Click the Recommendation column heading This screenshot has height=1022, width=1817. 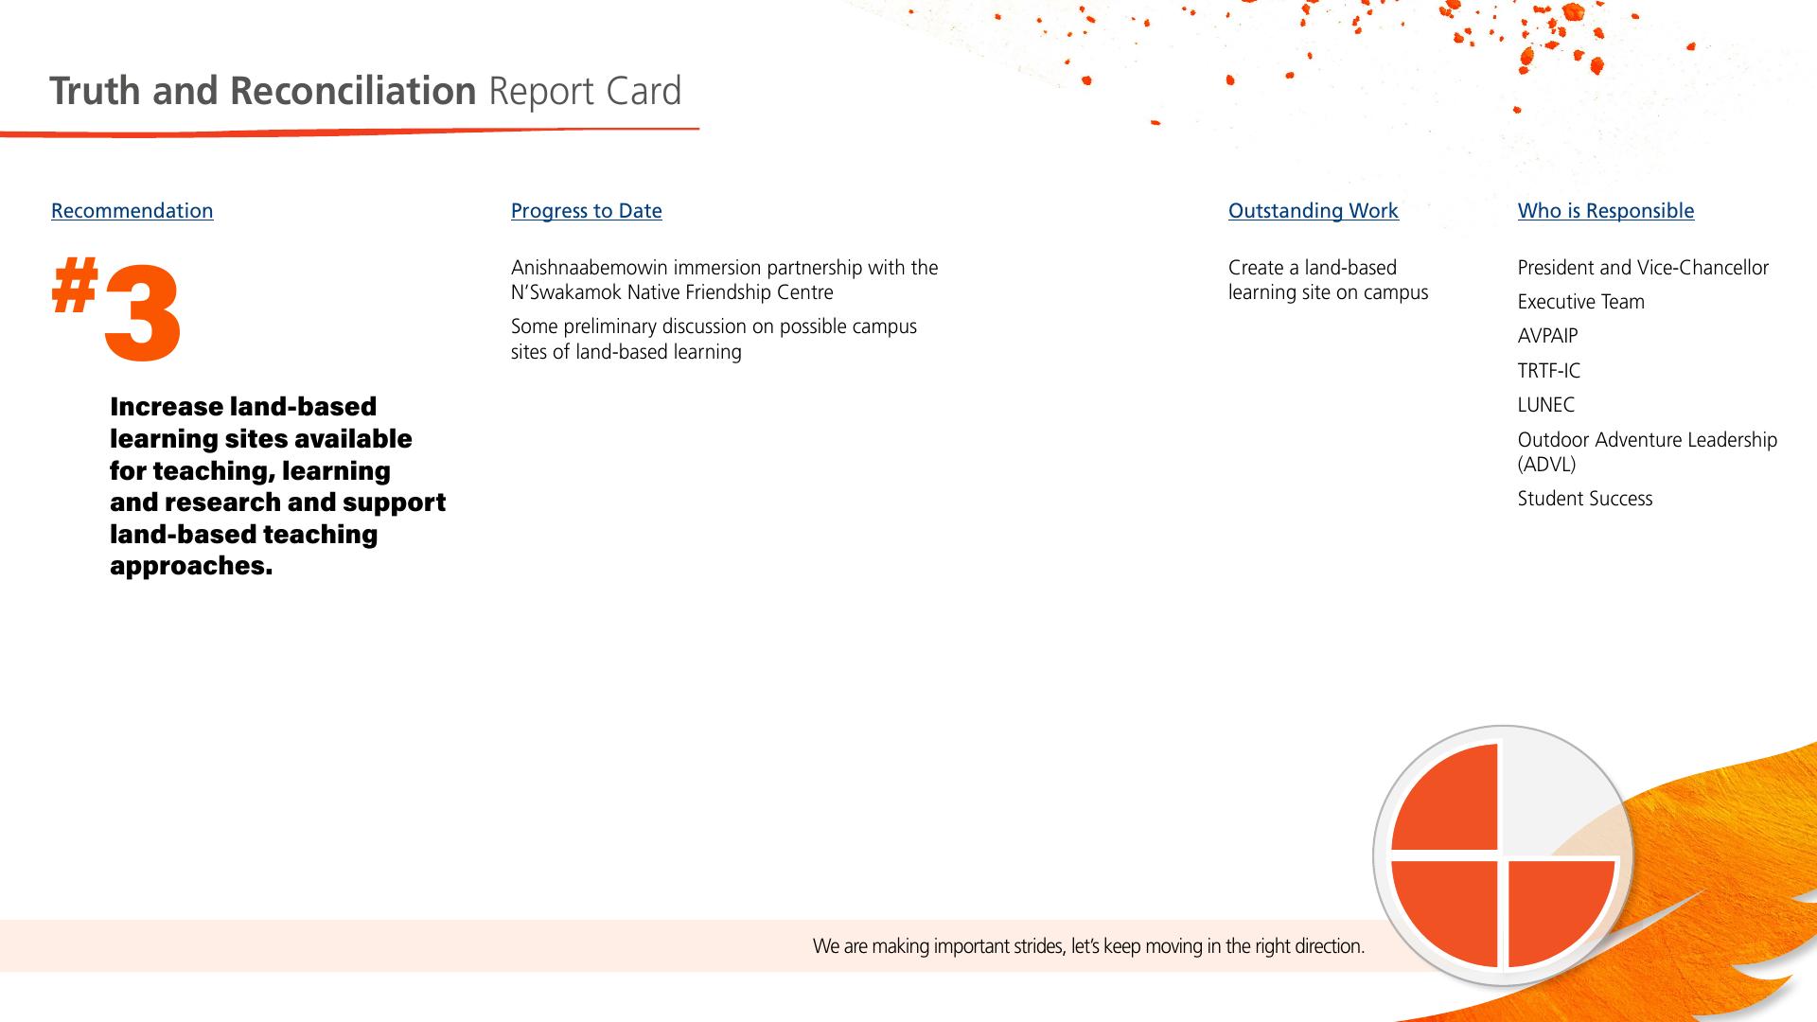[x=132, y=211]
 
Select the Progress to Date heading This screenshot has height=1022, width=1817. [x=587, y=211]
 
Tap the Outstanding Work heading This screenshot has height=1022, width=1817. [x=1314, y=211]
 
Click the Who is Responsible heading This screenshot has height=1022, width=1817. [x=1606, y=211]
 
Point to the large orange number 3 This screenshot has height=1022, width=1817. [x=142, y=313]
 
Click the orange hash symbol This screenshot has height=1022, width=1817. [x=75, y=288]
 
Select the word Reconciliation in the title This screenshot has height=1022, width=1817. [x=353, y=91]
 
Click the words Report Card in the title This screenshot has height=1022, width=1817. [x=585, y=92]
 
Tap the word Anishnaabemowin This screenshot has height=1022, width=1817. [x=590, y=268]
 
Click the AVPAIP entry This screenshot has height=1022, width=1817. [x=1547, y=336]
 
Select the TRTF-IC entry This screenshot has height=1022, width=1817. [x=1549, y=371]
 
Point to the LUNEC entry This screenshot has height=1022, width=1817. [x=1546, y=405]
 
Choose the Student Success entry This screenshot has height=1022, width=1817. [x=1585, y=499]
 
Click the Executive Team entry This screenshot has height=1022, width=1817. [x=1581, y=302]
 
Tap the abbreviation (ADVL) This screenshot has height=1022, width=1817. [x=1547, y=465]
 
